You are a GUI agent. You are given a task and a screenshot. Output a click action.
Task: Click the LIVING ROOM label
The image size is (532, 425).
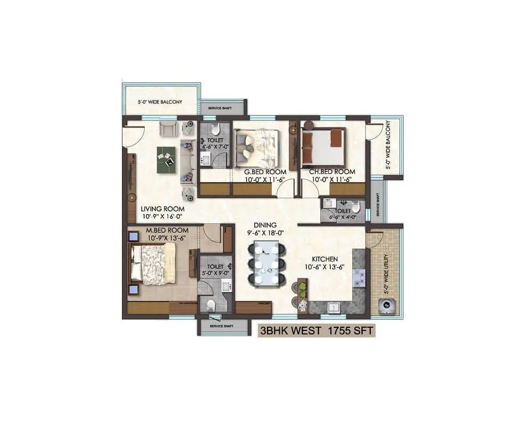(x=163, y=209)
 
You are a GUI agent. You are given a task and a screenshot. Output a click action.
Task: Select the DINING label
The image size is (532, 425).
(x=264, y=225)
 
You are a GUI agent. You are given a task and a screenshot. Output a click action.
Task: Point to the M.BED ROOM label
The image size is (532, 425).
(x=168, y=230)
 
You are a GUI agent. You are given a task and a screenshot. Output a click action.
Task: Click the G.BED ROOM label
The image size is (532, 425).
(x=265, y=172)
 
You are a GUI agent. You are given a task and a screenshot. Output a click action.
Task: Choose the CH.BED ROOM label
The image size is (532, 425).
(x=332, y=172)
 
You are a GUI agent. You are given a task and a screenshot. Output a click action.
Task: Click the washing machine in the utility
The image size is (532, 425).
(x=386, y=305)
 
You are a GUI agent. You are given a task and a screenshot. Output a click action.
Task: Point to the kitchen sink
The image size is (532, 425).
(x=334, y=307)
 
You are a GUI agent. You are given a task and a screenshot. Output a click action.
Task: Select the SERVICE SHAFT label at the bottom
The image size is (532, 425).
(x=222, y=326)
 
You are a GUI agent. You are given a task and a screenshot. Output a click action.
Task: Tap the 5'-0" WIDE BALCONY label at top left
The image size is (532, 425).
(x=160, y=102)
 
